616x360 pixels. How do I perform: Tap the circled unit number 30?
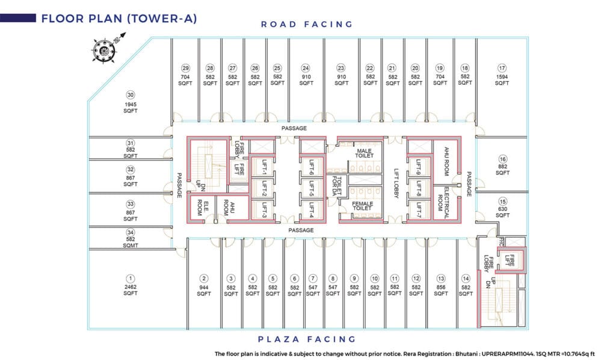[131, 95]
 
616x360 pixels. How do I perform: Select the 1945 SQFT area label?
[131, 108]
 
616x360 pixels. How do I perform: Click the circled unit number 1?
[131, 278]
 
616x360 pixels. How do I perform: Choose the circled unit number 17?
[502, 68]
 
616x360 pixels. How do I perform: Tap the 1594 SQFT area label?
[502, 80]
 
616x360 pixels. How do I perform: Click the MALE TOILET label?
[365, 154]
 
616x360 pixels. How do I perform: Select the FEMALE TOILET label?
[363, 206]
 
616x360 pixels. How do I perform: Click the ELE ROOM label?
[202, 208]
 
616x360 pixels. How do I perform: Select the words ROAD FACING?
[306, 24]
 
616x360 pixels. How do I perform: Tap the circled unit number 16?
[502, 159]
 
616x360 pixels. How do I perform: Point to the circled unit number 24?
[306, 68]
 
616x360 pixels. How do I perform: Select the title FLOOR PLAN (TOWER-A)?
[119, 18]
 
